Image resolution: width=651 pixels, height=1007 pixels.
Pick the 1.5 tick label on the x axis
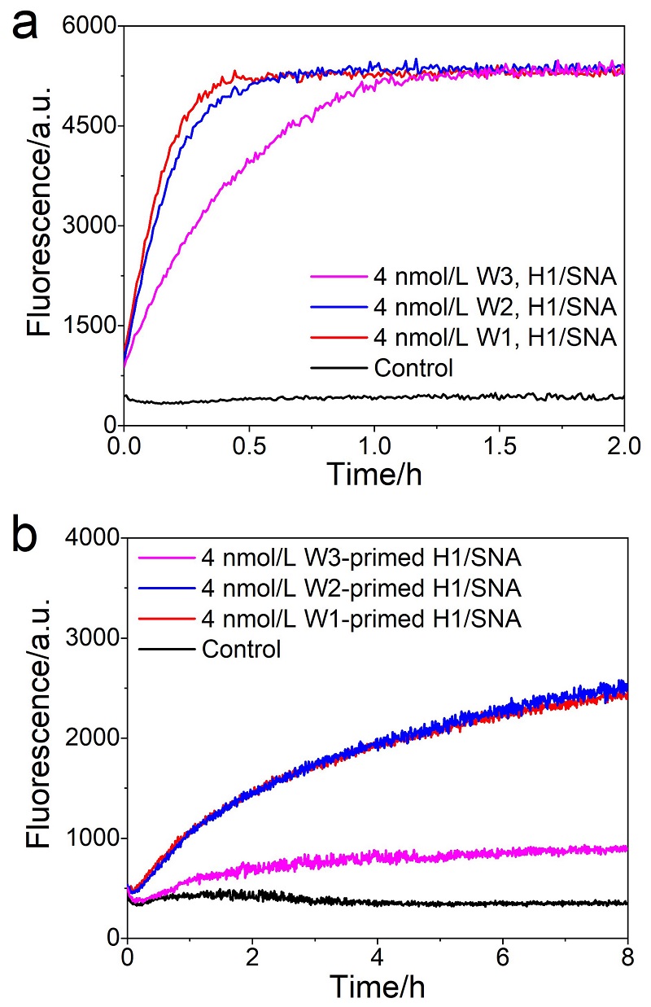[x=499, y=446]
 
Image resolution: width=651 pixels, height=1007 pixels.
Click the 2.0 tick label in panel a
[x=622, y=446]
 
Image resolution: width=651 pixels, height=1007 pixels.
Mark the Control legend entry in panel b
[x=241, y=649]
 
